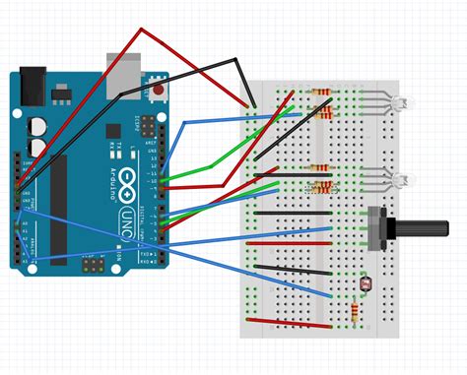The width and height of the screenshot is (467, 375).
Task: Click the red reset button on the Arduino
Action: tap(158, 92)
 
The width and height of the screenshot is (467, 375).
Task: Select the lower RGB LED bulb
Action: tap(399, 181)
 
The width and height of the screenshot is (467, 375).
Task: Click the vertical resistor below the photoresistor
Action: tap(355, 312)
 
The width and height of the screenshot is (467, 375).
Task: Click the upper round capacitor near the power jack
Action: tap(38, 127)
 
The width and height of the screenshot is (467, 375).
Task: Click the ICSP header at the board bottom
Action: tap(92, 266)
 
